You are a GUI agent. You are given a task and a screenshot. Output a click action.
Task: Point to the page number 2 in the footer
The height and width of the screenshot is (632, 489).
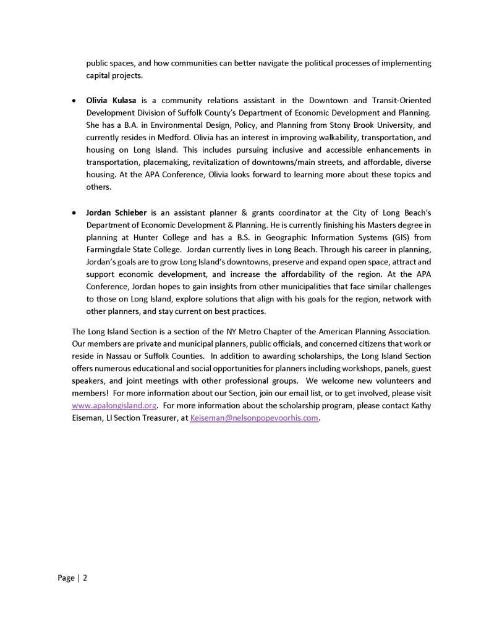click(x=85, y=578)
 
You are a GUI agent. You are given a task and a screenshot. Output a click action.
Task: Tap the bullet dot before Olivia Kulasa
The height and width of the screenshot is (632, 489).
click(x=75, y=101)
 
